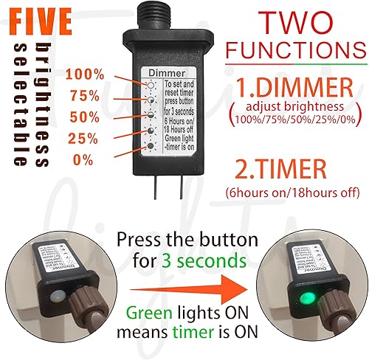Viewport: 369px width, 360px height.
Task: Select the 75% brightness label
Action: pyautogui.click(x=84, y=96)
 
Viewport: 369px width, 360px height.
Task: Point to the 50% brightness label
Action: pyautogui.click(x=84, y=117)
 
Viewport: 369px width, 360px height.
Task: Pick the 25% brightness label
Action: pyautogui.click(x=84, y=139)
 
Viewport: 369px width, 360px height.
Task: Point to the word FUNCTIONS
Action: pyautogui.click(x=293, y=51)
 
